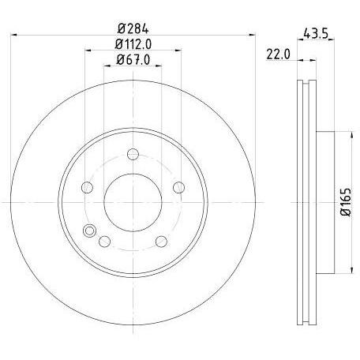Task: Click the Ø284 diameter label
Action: coord(133,28)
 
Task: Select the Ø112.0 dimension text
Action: coord(133,44)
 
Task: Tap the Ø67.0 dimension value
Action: coord(133,60)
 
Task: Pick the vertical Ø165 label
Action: coord(346,202)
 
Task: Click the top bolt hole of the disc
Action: coord(133,154)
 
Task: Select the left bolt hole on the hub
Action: coord(88,187)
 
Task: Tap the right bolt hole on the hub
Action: coord(178,187)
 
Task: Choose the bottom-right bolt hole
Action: coord(161,242)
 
